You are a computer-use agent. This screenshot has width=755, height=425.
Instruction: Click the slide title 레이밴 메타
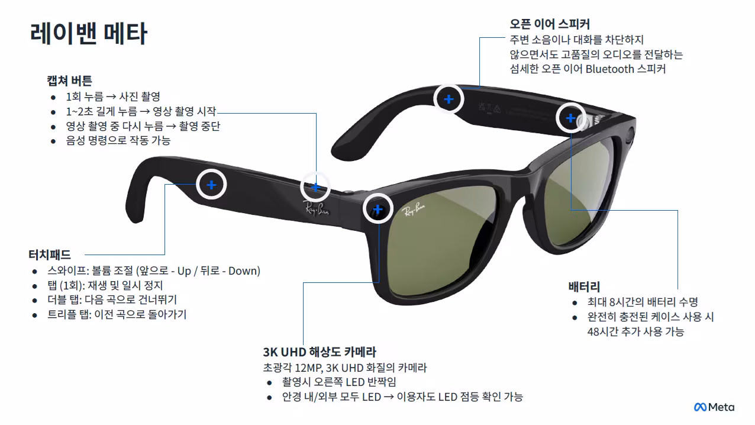(x=89, y=33)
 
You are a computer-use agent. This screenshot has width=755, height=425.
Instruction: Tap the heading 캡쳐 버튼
(x=69, y=81)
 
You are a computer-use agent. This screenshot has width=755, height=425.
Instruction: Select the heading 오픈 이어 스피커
(x=550, y=24)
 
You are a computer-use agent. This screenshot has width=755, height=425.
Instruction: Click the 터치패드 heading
(x=50, y=255)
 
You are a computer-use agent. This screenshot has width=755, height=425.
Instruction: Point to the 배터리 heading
(x=584, y=287)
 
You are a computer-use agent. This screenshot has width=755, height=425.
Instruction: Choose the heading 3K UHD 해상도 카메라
(x=320, y=352)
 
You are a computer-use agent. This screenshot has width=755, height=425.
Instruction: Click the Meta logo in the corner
(x=714, y=407)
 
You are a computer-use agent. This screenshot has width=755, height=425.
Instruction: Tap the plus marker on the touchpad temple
(x=211, y=185)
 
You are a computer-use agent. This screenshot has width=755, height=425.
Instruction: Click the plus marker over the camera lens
(x=378, y=209)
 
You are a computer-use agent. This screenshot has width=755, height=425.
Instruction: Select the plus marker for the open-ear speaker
(x=449, y=99)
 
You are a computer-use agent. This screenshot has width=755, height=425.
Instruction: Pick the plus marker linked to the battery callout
(x=570, y=118)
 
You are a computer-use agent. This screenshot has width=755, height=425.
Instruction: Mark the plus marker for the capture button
(x=315, y=187)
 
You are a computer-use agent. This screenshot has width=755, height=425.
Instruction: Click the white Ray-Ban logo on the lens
(x=413, y=210)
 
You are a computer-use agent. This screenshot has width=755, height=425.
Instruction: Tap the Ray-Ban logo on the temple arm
(x=317, y=209)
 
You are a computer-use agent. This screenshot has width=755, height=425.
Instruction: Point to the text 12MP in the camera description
(x=309, y=368)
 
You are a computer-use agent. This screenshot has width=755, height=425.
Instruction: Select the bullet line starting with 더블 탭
(x=112, y=300)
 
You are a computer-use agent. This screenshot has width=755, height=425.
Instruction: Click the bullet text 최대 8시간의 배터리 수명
(x=643, y=302)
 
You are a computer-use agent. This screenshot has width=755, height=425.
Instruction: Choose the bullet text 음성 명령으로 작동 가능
(x=118, y=140)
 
